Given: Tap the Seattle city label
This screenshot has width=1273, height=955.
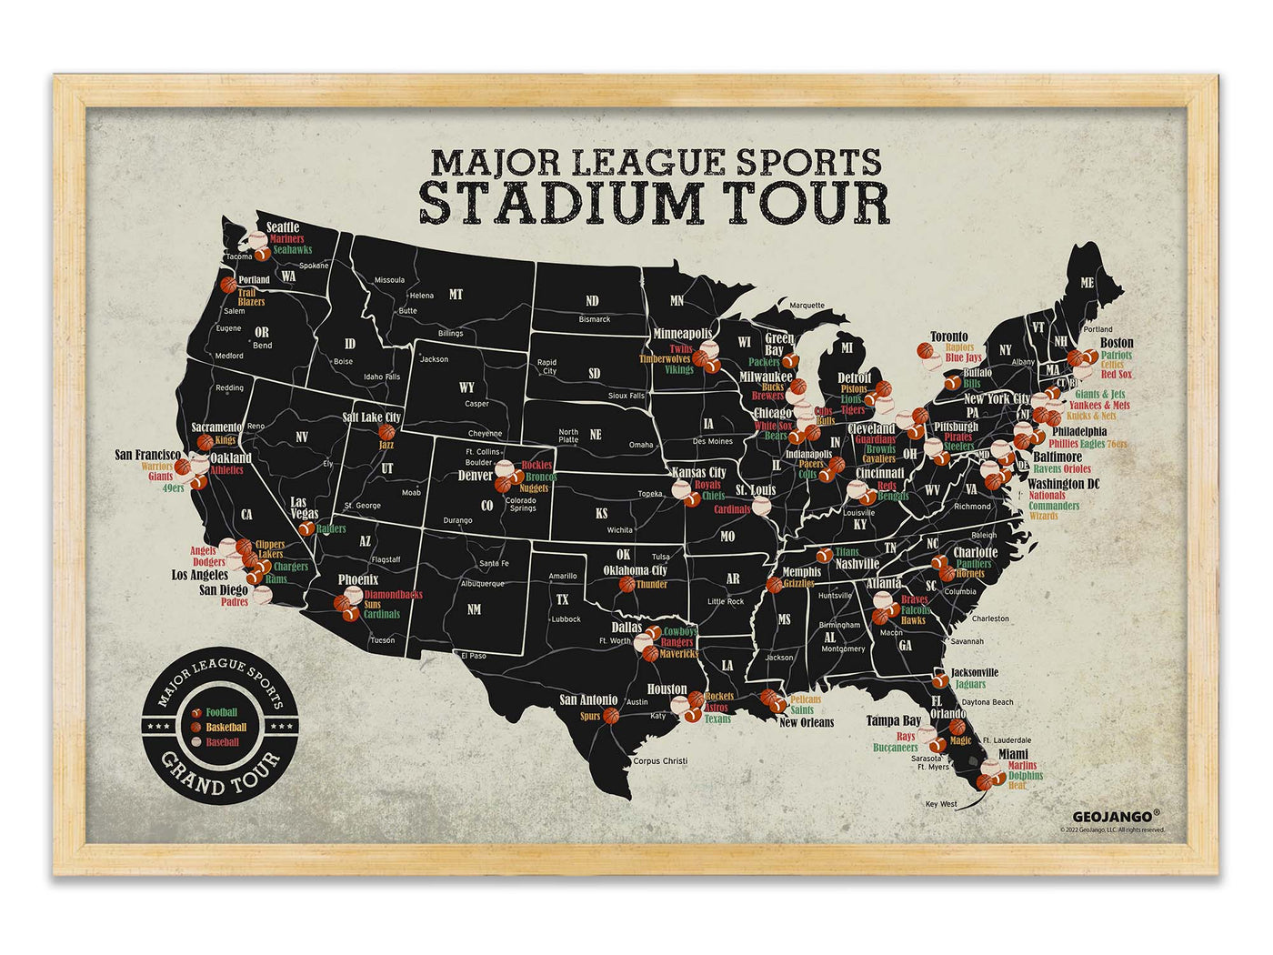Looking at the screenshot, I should [x=283, y=227].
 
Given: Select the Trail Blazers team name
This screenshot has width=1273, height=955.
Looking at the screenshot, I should [x=252, y=297].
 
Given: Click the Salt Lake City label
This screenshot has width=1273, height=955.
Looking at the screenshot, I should [x=371, y=417].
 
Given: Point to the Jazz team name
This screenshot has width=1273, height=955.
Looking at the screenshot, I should [x=386, y=445].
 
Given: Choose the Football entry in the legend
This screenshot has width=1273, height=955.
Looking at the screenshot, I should [x=221, y=712].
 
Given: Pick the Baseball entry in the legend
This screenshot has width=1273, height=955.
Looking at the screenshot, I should [x=222, y=742].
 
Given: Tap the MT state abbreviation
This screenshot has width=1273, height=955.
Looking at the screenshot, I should [x=456, y=295].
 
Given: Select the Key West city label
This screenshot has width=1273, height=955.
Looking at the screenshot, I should [x=941, y=804].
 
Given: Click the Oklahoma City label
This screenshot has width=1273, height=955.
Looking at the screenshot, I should [x=636, y=571].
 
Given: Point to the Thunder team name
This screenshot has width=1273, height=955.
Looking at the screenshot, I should [x=652, y=585].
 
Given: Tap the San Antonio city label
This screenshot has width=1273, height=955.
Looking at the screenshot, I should [x=588, y=699].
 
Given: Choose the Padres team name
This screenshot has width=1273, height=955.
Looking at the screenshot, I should [x=235, y=602].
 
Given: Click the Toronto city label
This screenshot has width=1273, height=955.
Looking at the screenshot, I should [x=948, y=337].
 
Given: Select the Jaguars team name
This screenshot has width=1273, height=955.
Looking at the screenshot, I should [x=970, y=685].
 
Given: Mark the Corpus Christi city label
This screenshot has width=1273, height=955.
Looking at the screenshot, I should [x=661, y=761].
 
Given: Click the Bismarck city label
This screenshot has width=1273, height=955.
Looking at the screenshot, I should [x=595, y=319].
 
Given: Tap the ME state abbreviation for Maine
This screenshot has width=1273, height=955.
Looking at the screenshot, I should [x=1088, y=283].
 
